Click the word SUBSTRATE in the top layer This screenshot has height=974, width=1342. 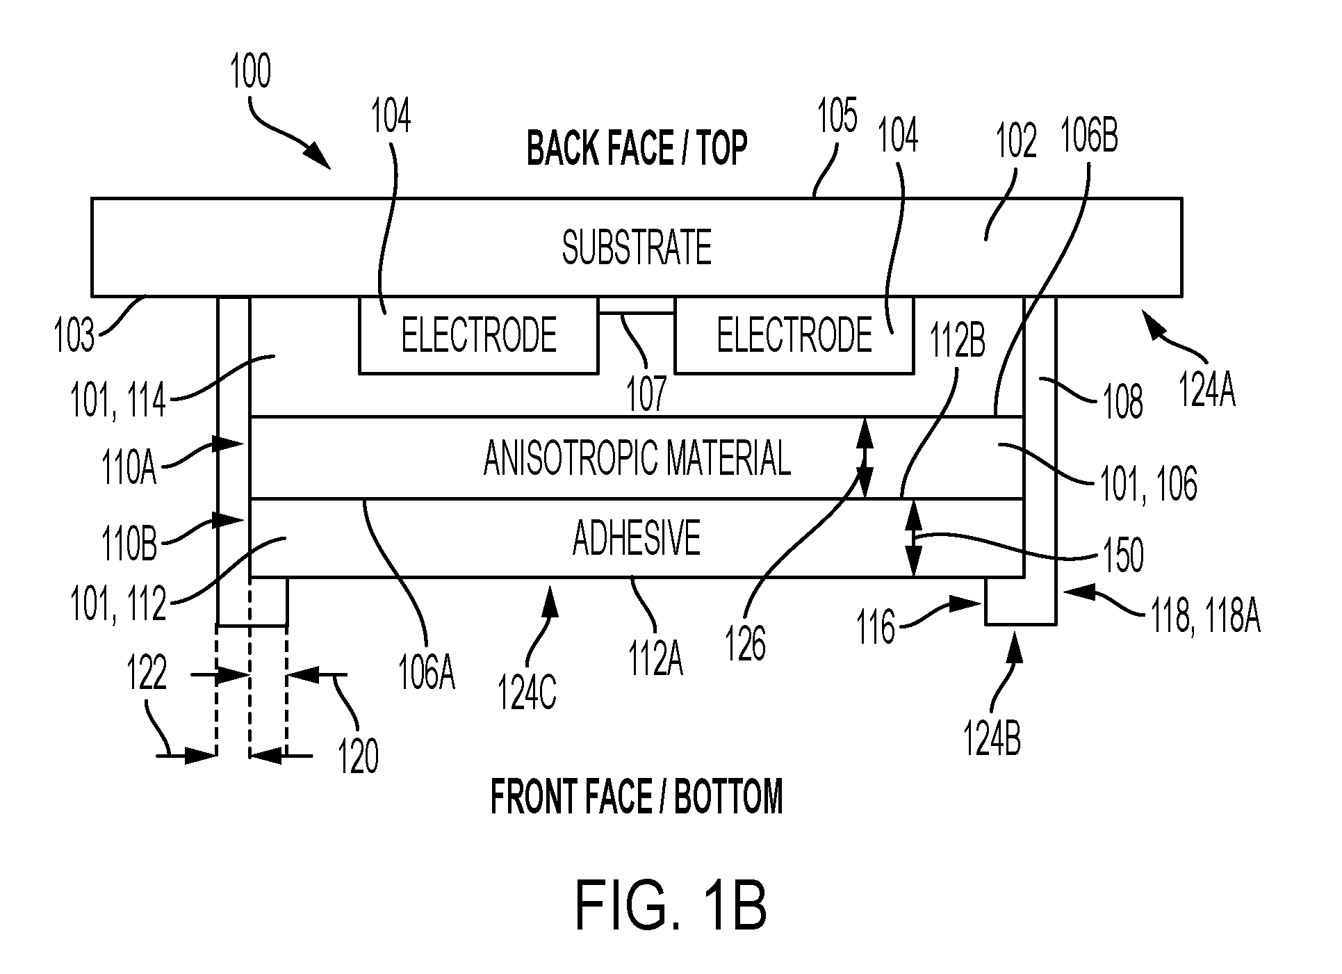click(637, 247)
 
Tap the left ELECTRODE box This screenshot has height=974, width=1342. click(479, 335)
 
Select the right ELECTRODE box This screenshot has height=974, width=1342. click(794, 335)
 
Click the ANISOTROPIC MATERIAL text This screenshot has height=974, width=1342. click(637, 457)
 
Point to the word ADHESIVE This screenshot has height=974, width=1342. click(637, 538)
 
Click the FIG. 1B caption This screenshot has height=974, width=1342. click(671, 905)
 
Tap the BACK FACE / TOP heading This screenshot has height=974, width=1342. click(637, 148)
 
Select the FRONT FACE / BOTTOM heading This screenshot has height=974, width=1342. click(637, 797)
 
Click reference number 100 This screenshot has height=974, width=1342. click(251, 72)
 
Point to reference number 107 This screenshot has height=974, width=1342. click(647, 393)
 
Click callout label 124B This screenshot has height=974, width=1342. click(992, 738)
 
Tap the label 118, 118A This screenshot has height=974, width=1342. click(1206, 616)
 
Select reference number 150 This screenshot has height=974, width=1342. click(1123, 555)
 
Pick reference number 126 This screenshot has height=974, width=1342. click(746, 644)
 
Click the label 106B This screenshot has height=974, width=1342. click(1089, 136)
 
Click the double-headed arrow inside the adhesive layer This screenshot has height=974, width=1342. click(914, 538)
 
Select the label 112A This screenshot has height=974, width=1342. click(655, 659)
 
